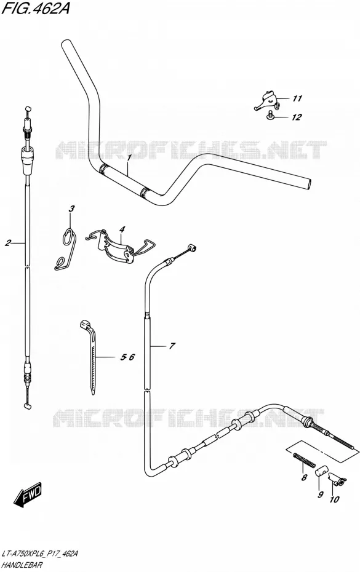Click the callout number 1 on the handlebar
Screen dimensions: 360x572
[x=129, y=158]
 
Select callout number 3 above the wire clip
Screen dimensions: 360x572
[x=71, y=209]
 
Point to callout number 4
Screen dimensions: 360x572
[x=122, y=229]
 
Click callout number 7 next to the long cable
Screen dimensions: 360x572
[x=172, y=346]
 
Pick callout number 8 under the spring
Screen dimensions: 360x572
[x=304, y=477]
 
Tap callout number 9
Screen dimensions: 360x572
[x=320, y=495]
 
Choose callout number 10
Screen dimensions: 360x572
[x=334, y=499]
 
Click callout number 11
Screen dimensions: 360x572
[x=297, y=98]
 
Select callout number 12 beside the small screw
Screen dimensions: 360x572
[x=297, y=117]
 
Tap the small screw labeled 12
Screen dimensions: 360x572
[x=270, y=116]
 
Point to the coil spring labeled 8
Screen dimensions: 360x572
[x=303, y=459]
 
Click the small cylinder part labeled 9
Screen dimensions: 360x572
[x=321, y=471]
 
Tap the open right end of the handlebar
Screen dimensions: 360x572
[x=309, y=185]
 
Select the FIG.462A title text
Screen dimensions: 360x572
[x=36, y=8]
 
